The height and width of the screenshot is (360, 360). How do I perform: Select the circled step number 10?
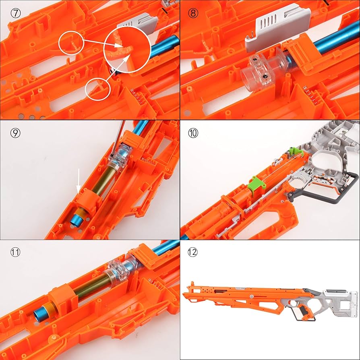pos(193,132)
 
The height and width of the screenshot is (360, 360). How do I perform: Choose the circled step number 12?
pos(193,252)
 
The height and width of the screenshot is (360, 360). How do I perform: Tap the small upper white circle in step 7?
pos(71,43)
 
